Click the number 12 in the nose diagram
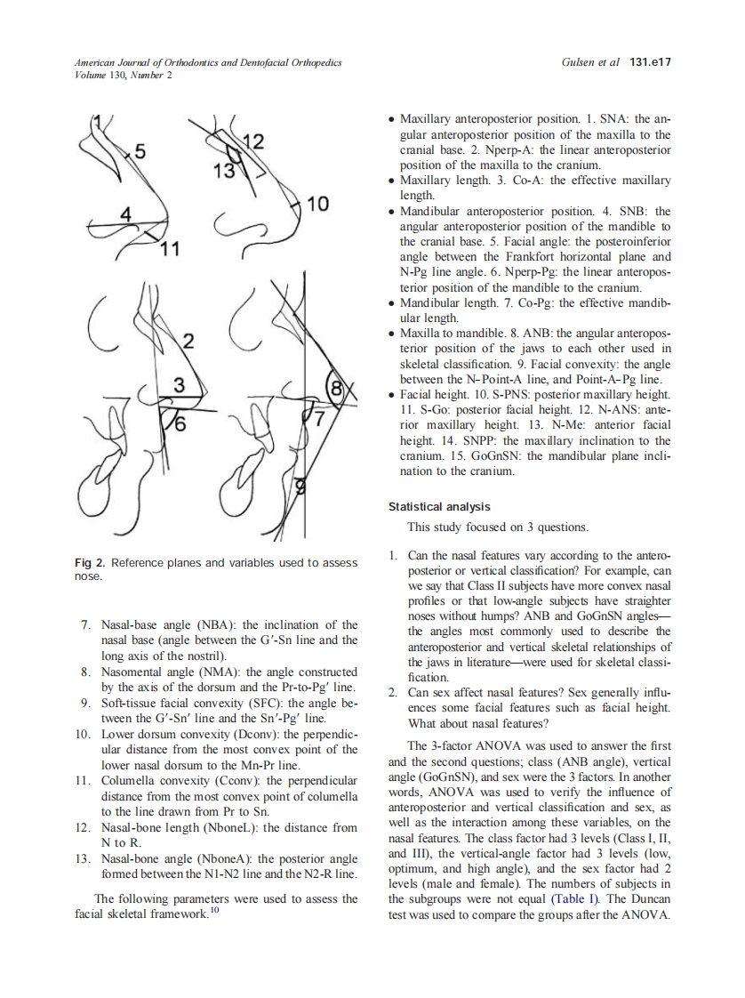(252, 142)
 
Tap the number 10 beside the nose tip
(317, 204)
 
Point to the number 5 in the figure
(140, 150)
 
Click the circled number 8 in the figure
(337, 389)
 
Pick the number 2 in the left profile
(188, 340)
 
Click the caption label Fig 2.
(89, 563)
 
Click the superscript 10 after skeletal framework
(213, 910)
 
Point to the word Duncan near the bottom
(646, 899)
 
